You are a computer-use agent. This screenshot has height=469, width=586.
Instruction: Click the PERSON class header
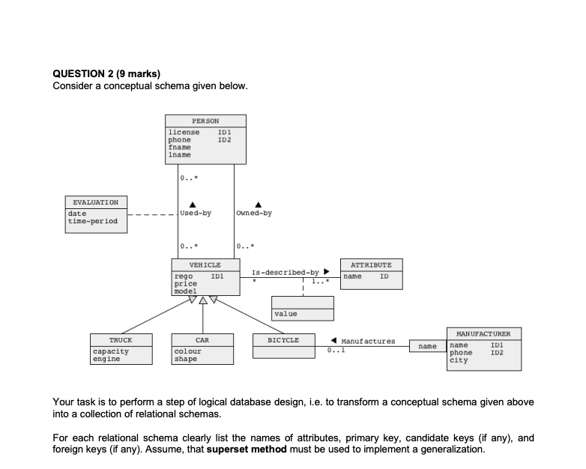point(205,121)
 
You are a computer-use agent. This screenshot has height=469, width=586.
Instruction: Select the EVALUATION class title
point(96,202)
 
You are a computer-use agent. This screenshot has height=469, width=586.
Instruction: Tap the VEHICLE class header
point(205,265)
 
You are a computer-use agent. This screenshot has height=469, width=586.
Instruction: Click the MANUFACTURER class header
point(483,333)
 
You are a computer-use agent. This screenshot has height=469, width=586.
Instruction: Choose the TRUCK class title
point(120,339)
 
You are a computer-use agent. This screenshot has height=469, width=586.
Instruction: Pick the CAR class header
point(202,339)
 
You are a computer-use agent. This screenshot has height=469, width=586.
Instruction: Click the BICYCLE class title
point(283,339)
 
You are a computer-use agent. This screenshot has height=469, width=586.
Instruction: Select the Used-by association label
point(196,213)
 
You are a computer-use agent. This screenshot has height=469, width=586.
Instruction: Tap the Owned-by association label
point(254,213)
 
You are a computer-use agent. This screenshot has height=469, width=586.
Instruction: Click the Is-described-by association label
point(288,272)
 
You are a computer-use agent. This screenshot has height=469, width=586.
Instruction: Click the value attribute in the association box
point(286,314)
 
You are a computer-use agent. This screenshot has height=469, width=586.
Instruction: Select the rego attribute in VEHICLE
point(184,277)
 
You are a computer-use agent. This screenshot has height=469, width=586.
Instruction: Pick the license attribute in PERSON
point(184,133)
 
